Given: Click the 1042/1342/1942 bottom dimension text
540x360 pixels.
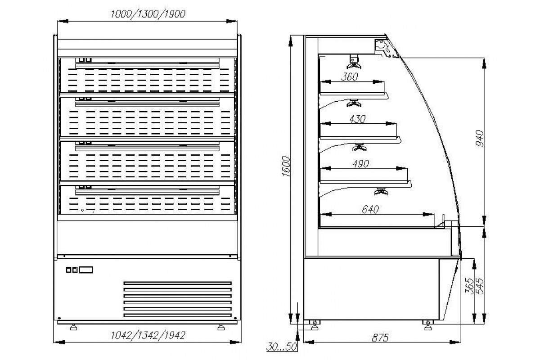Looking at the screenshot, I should click(148, 335).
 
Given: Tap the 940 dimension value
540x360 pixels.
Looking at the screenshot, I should click(478, 139).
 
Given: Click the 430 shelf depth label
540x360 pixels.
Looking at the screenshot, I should click(358, 119).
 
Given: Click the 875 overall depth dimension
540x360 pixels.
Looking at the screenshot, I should click(379, 337).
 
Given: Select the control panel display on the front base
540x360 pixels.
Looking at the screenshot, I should click(86, 270).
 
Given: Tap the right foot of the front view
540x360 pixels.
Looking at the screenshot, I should click(220, 327).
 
